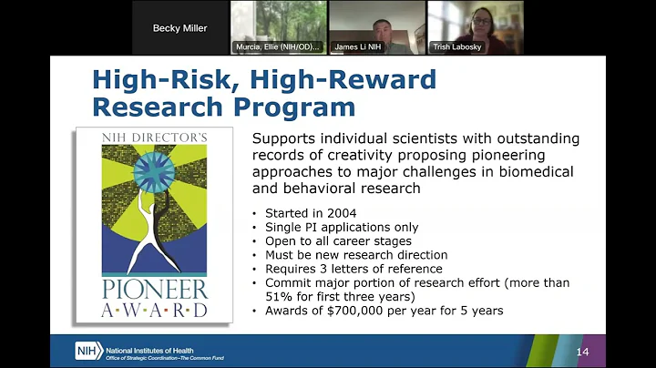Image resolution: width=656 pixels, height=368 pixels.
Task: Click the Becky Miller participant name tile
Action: point(179,27)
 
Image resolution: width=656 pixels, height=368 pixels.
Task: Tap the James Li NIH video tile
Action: point(377,27)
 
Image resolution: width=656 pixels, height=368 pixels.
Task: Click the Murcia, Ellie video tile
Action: point(278,27)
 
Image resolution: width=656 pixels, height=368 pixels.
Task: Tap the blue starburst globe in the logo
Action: point(152,172)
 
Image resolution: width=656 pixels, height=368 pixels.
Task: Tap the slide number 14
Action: point(582,351)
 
